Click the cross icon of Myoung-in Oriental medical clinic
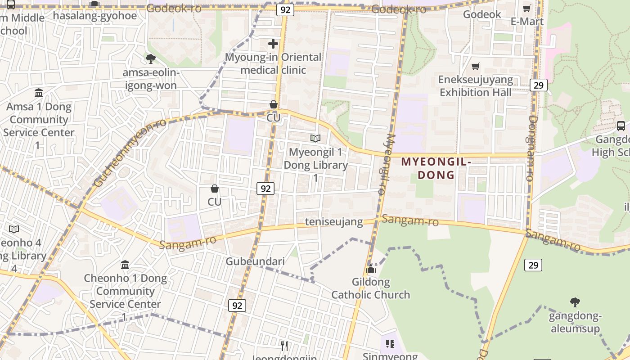pyautogui.click(x=273, y=44)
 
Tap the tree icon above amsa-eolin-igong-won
pyautogui.click(x=151, y=58)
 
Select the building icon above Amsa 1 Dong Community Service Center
pyautogui.click(x=39, y=93)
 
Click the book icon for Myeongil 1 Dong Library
pyautogui.click(x=315, y=138)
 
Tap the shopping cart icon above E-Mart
pyautogui.click(x=526, y=8)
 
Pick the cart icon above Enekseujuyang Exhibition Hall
pyautogui.click(x=475, y=67)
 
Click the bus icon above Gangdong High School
pyautogui.click(x=621, y=126)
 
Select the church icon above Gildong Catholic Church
pyautogui.click(x=371, y=270)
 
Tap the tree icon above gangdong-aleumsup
pyautogui.click(x=575, y=302)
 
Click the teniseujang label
pyautogui.click(x=334, y=222)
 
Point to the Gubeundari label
pyautogui.click(x=255, y=261)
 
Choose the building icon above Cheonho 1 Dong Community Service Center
pyautogui.click(x=125, y=265)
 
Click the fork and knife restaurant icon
pyautogui.click(x=284, y=346)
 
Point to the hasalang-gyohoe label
pyautogui.click(x=94, y=15)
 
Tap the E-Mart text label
pyautogui.click(x=527, y=21)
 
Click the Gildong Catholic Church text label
pyautogui.click(x=371, y=288)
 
